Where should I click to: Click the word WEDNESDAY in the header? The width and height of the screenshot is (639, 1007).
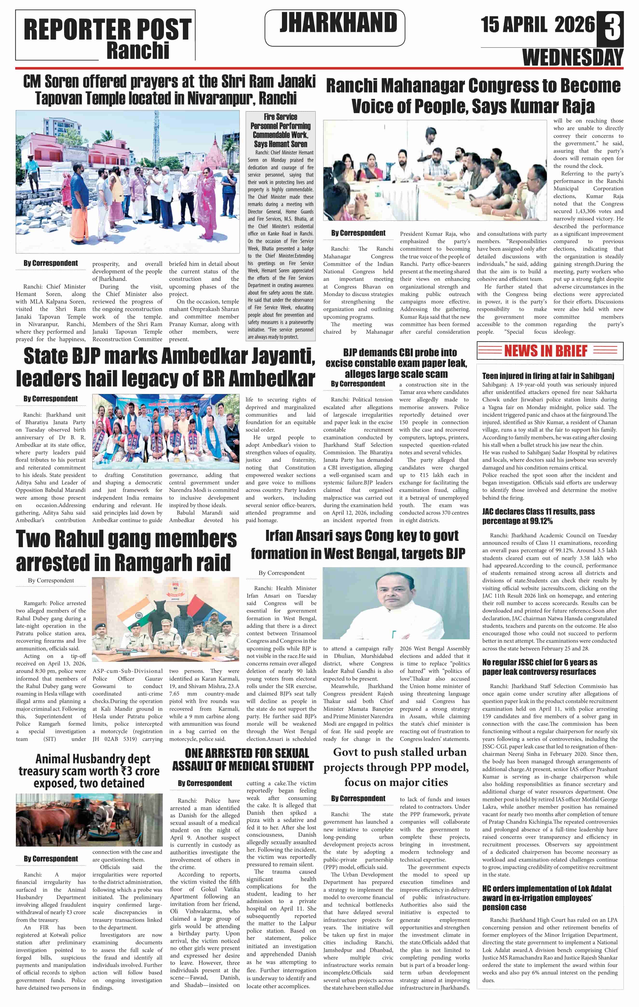point(572,57)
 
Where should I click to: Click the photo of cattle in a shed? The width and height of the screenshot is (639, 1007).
point(89,820)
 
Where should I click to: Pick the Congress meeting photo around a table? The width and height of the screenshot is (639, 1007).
point(434,170)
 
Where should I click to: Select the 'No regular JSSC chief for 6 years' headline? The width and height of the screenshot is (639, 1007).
point(539,667)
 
